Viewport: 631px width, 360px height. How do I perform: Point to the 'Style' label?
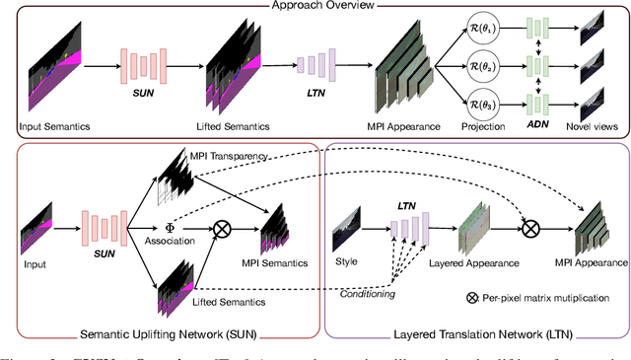point(349,263)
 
